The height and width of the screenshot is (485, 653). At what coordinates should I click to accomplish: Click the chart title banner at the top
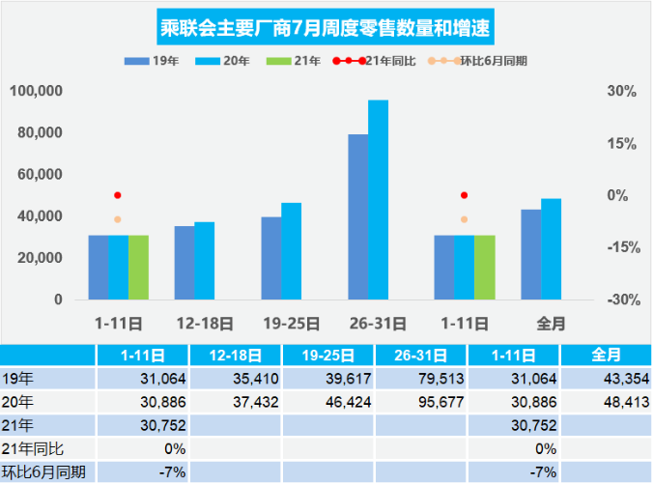326,28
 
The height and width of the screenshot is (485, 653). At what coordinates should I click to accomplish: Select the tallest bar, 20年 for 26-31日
378,199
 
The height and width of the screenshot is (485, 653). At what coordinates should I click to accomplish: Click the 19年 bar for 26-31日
357,216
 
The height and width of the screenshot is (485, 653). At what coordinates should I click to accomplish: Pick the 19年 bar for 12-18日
185,262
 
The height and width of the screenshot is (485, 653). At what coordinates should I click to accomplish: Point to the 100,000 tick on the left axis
36,91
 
